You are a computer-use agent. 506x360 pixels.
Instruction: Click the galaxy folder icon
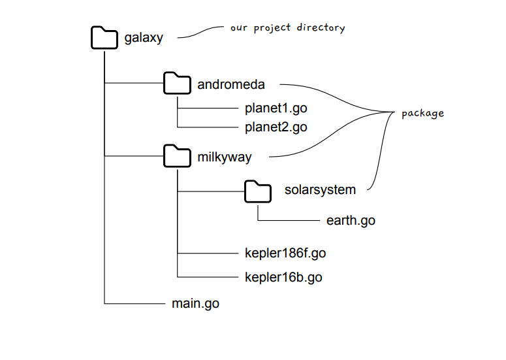[x=104, y=37]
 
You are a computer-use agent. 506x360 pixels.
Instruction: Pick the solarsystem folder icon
[x=258, y=190]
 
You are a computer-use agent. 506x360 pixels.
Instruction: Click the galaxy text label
[x=144, y=38]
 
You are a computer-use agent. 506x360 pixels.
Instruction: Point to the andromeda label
[x=230, y=84]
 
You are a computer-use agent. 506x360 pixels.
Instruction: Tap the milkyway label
[x=224, y=157]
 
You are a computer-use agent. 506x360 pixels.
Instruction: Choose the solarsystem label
[x=320, y=190]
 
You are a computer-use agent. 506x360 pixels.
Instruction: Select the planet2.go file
[x=276, y=127]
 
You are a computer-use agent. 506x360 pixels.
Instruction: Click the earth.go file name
[x=351, y=220]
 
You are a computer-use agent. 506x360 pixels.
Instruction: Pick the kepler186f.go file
[x=285, y=253]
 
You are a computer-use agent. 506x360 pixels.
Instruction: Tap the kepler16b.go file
[x=283, y=277]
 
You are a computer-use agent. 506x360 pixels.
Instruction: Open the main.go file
[x=195, y=304]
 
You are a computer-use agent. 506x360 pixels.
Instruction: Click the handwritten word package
[x=422, y=113]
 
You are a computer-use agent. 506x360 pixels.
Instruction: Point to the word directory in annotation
[x=321, y=28]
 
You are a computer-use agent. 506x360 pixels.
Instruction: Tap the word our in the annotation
[x=238, y=29]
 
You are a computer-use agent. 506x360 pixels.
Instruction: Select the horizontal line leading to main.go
[x=134, y=304]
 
